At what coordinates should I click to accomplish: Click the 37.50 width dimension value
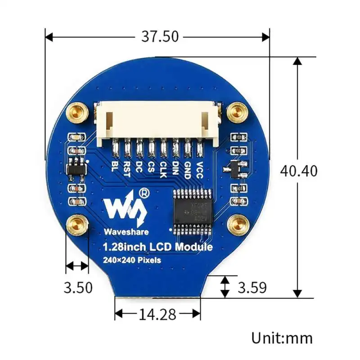tap(160, 36)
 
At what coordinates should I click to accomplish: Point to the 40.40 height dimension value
tap(298, 171)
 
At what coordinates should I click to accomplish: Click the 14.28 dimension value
tap(157, 315)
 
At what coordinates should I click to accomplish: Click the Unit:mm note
tap(282, 337)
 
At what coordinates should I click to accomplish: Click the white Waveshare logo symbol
tap(123, 207)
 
